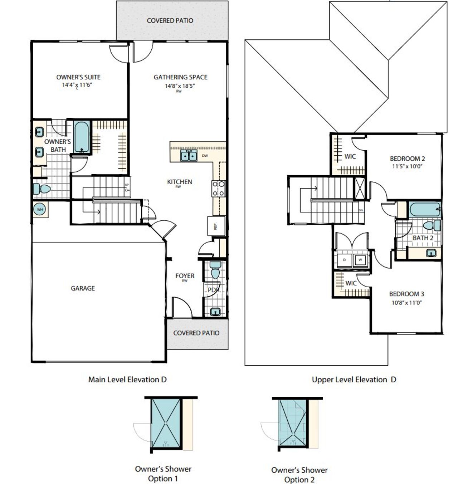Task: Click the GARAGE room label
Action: pos(83,288)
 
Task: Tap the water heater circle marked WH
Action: pos(40,209)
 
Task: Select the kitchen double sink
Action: pos(188,156)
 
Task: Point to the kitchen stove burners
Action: pos(219,189)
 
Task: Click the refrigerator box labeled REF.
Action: pos(216,226)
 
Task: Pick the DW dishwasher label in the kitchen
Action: pos(205,156)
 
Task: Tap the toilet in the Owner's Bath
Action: pos(42,189)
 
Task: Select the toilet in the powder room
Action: pos(215,270)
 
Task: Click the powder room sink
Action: pos(215,311)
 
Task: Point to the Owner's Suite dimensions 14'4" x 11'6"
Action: pos(78,85)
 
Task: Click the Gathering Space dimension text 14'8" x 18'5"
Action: pos(180,86)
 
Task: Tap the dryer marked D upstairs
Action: pos(345,260)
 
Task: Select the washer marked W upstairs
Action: pos(360,260)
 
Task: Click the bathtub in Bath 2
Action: pos(425,210)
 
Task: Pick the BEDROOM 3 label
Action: pos(406,294)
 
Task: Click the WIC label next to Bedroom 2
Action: pos(350,156)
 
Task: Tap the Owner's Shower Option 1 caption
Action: pos(163,474)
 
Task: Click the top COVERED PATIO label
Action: pos(170,20)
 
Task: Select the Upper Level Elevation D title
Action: pos(354,380)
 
